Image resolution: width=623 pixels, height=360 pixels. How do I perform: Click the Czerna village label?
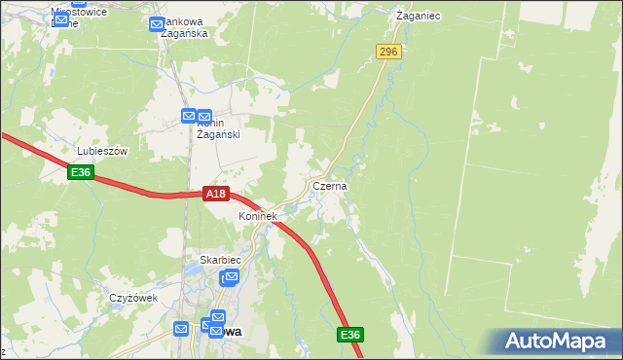click(330, 185)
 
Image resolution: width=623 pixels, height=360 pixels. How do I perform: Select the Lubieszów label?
click(103, 152)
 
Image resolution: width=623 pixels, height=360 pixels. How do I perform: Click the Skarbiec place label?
click(219, 260)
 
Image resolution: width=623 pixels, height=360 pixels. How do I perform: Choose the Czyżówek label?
click(133, 298)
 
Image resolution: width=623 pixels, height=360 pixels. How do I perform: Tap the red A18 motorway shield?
click(216, 195)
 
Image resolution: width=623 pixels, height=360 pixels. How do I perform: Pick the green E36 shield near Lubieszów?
click(81, 172)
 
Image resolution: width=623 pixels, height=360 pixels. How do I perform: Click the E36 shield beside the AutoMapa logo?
click(351, 335)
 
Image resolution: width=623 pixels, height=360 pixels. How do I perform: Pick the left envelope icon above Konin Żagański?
click(190, 117)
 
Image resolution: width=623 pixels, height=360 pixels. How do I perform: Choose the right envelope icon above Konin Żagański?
click(204, 117)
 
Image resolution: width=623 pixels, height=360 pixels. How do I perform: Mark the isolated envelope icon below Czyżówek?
click(181, 329)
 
